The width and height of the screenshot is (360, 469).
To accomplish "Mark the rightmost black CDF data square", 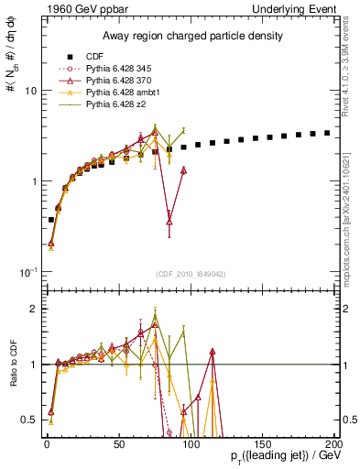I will click(x=327, y=133).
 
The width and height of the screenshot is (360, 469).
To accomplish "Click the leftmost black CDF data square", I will click(x=50, y=220).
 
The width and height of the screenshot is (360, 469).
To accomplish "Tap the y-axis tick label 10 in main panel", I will click(x=29, y=92).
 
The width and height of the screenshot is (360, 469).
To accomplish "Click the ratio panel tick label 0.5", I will click(x=28, y=420).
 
